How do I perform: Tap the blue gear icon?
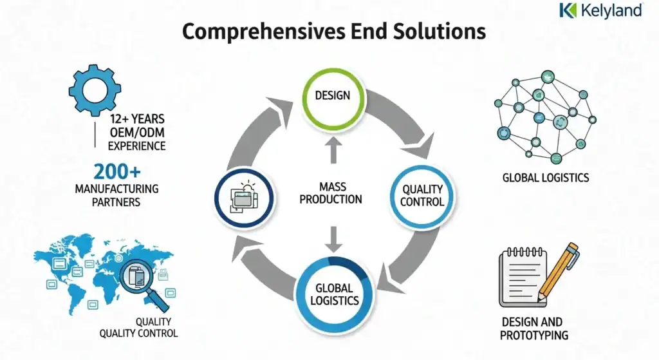(94, 90)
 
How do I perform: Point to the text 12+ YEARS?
(136, 119)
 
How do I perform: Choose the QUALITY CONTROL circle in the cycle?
(423, 195)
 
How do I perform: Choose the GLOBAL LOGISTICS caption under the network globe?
(545, 177)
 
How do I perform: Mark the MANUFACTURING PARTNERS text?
(116, 195)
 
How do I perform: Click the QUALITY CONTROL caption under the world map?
(138, 327)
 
